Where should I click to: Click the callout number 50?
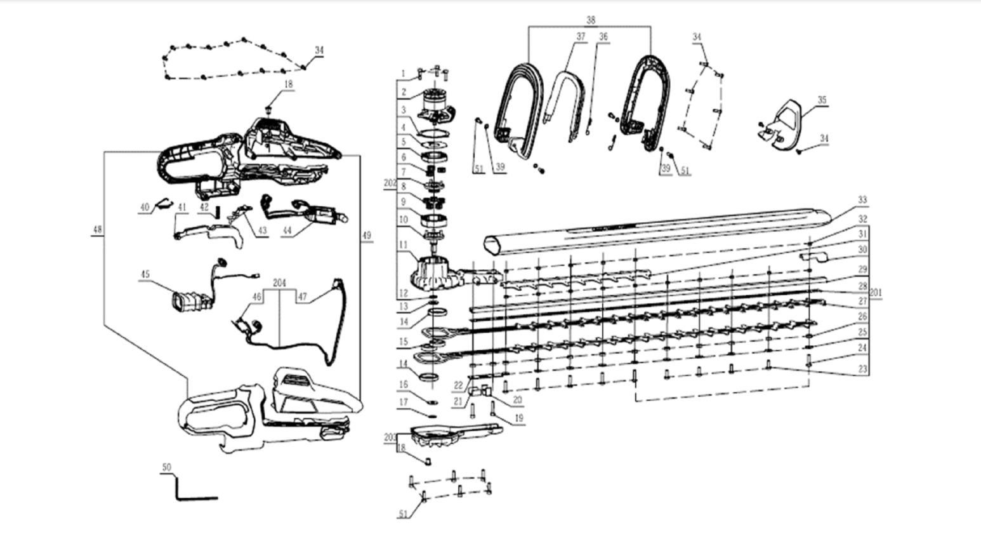(x=166, y=467)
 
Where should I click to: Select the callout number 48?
(x=97, y=229)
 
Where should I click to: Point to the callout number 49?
(x=366, y=236)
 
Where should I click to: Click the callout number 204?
(x=279, y=283)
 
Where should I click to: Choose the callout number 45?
(x=145, y=274)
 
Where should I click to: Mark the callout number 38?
(x=591, y=20)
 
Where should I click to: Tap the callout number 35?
(x=822, y=100)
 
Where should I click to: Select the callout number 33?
(x=862, y=200)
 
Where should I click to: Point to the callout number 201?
(x=876, y=293)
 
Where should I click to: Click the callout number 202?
(x=390, y=183)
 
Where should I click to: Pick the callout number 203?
(x=390, y=437)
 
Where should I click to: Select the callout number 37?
(x=581, y=37)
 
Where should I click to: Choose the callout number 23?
(x=862, y=368)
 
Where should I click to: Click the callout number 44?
(x=287, y=231)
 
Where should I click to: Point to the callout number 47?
(x=302, y=296)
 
